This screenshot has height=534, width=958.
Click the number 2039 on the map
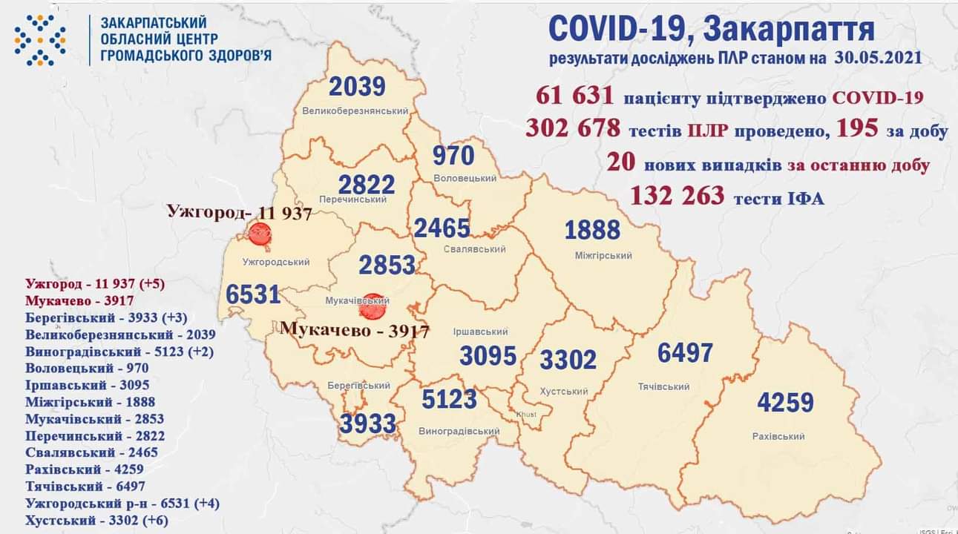point(357,87)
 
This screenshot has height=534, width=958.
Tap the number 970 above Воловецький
point(453,156)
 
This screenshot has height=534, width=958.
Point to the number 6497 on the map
point(685,353)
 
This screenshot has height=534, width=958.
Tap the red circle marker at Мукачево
point(374,303)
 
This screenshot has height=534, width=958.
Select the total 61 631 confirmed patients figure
point(573,96)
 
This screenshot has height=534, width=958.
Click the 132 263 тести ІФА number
point(676,196)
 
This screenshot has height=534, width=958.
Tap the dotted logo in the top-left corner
point(40,40)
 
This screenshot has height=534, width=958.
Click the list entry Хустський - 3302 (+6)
point(96,521)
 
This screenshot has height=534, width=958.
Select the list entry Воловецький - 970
point(87,368)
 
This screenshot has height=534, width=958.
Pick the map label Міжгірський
point(603,256)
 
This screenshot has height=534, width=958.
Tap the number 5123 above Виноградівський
point(449,399)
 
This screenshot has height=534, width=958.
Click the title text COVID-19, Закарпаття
point(711,30)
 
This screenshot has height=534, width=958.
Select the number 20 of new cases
point(620,162)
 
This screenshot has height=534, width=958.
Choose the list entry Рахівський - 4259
point(84,469)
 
